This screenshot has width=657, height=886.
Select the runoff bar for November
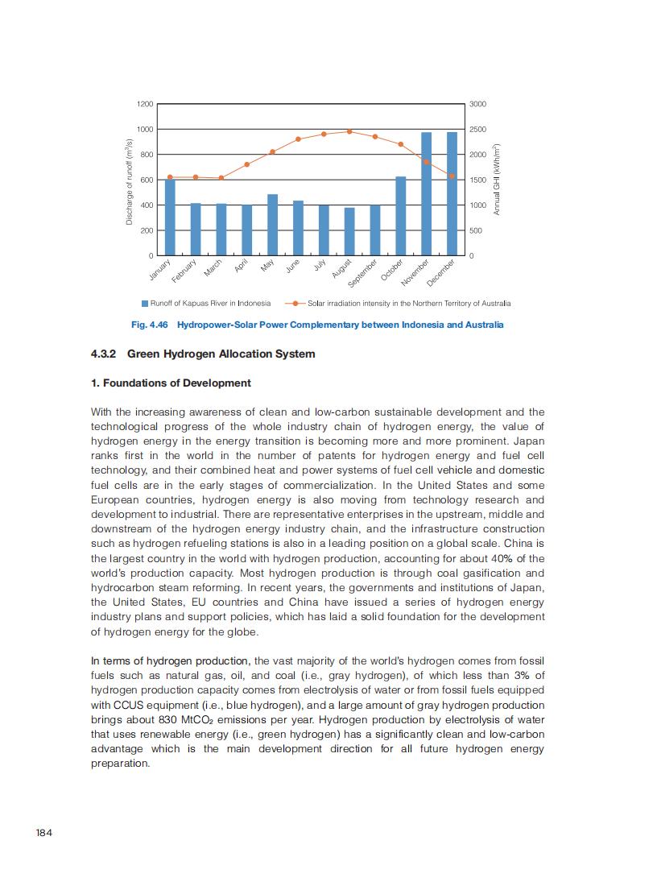tap(426, 194)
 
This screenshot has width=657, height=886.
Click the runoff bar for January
tap(170, 217)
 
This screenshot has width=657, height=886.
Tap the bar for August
tap(349, 232)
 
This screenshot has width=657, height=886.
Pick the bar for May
tap(272, 225)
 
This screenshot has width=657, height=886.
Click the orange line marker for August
tap(349, 131)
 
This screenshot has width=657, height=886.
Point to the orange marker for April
tap(247, 164)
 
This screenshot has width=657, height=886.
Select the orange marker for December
tap(452, 176)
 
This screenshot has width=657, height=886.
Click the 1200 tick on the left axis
tap(145, 104)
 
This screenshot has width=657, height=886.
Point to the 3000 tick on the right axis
tap(477, 104)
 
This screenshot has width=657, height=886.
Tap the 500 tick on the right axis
tap(476, 230)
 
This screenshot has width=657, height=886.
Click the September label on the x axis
tap(363, 273)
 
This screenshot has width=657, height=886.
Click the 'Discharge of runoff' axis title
tap(129, 180)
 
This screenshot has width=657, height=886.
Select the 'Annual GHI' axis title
tap(497, 180)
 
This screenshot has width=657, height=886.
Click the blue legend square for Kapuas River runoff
tap(145, 304)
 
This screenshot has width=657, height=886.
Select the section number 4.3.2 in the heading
tap(104, 354)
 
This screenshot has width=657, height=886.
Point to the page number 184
tap(43, 832)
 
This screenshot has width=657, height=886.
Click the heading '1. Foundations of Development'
tap(171, 383)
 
